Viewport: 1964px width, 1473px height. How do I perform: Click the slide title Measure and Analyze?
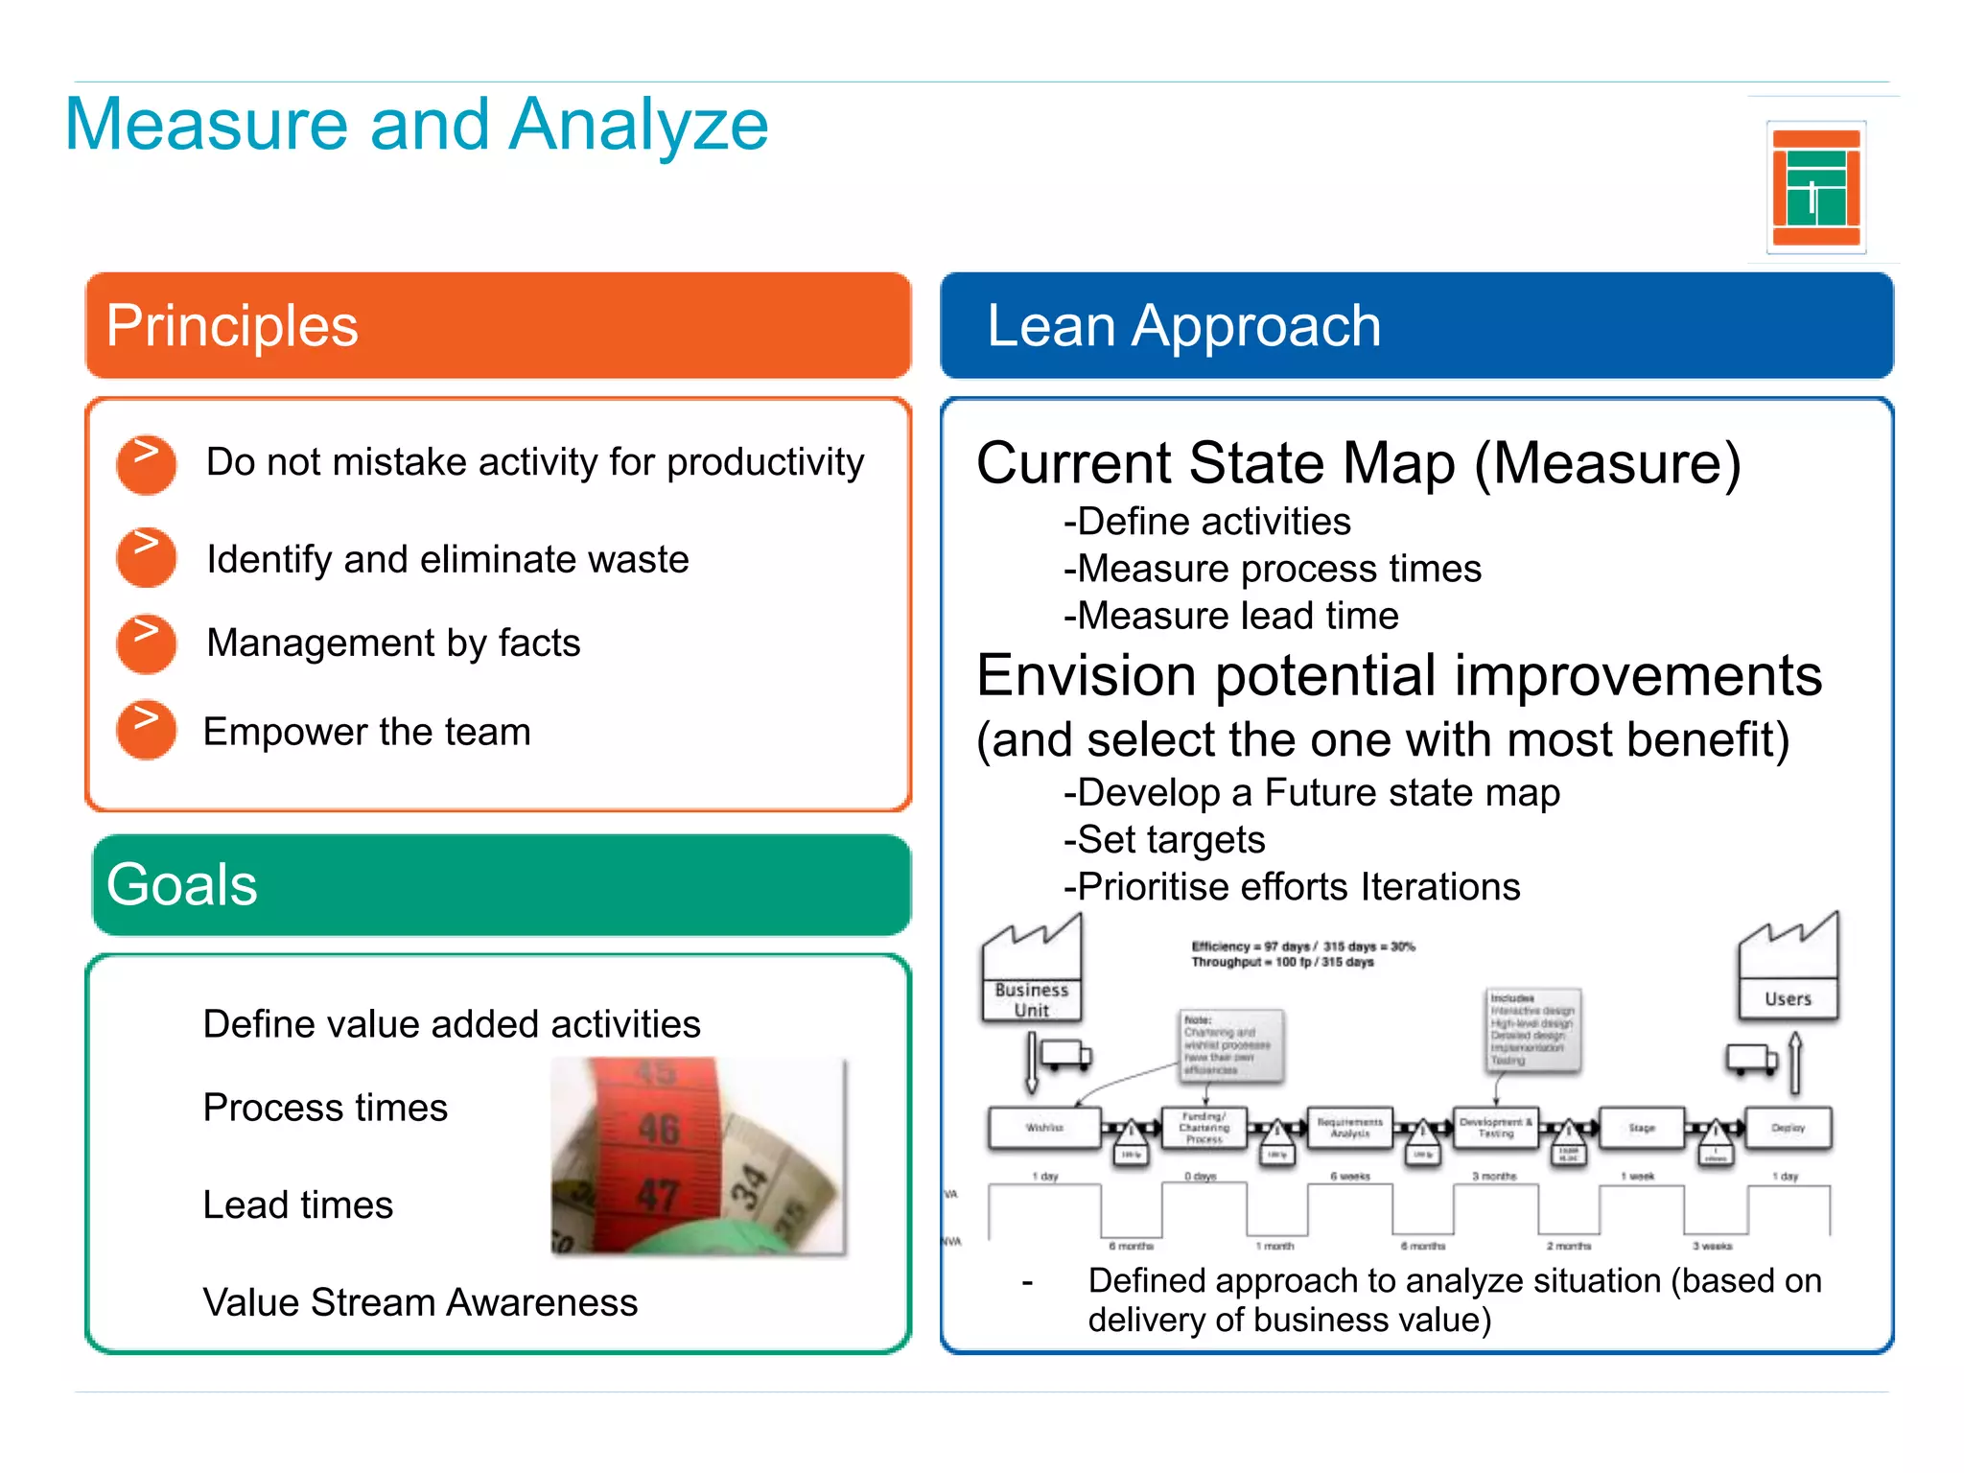[416, 125]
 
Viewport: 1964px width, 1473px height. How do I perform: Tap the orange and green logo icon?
[1815, 187]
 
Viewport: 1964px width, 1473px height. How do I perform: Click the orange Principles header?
[498, 325]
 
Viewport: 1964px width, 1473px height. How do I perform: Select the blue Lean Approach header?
[1416, 325]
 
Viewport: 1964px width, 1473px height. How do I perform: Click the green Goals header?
[501, 884]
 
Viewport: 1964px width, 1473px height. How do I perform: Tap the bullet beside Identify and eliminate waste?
[146, 557]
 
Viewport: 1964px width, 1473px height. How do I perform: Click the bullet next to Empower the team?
[146, 731]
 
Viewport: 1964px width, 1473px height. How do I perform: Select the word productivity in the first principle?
[765, 462]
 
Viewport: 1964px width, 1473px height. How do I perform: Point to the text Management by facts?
[393, 643]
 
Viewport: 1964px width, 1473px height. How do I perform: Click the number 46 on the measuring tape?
[659, 1129]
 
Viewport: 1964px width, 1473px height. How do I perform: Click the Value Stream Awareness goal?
[420, 1302]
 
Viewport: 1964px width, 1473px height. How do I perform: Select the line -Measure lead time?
[1230, 616]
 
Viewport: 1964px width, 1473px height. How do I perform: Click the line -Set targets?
[1164, 840]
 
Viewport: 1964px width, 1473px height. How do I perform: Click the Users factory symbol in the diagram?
[1789, 969]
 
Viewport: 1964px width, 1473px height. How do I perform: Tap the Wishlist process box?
[1044, 1128]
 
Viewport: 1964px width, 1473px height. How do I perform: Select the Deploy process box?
[1789, 1128]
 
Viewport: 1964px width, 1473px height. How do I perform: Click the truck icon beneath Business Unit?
[1064, 1056]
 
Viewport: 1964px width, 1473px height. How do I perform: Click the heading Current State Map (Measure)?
[1358, 463]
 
